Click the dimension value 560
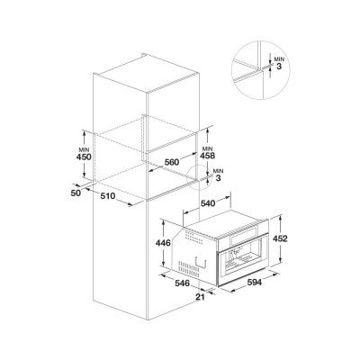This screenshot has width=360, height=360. click(172, 162)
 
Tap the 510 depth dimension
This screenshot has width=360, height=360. click(108, 196)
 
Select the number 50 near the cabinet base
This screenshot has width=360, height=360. click(76, 193)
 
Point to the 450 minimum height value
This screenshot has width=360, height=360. click(84, 157)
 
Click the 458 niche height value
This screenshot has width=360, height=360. click(208, 156)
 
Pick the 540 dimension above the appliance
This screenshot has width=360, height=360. click(208, 203)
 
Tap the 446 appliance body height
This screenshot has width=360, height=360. click(163, 243)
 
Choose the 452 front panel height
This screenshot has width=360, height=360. click(280, 238)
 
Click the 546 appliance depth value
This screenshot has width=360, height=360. click(183, 283)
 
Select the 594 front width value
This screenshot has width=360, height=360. click(255, 283)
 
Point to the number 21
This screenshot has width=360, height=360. click(200, 297)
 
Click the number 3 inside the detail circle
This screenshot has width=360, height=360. click(279, 67)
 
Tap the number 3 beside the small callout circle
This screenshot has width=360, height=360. click(218, 178)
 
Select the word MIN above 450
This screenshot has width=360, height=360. click(84, 149)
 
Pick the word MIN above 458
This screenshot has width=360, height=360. click(208, 148)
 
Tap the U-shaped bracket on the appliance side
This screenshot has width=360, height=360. click(201, 262)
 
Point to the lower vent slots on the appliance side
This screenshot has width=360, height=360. click(188, 266)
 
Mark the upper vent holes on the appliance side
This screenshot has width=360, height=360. click(194, 239)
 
